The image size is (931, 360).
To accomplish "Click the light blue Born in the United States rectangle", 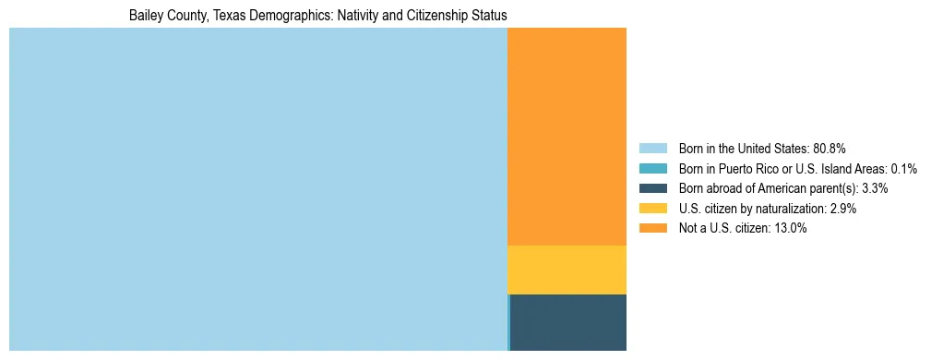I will point(258,189).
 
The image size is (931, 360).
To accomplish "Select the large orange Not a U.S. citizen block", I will point(567,137).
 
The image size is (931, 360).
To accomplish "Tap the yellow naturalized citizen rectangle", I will point(567,270).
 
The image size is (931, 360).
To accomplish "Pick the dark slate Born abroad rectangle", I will point(568,322).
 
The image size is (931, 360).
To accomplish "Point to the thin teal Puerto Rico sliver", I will point(508,322).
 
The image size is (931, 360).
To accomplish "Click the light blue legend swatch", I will point(652,149).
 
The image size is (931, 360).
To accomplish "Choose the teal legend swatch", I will point(652,169).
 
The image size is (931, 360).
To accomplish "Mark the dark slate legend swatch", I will point(652,188).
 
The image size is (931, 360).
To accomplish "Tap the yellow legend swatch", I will point(652,209).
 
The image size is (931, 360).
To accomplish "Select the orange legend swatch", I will point(652,229).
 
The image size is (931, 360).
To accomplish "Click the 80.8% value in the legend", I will point(830,149).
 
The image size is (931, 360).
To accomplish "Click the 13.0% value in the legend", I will point(790,229).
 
